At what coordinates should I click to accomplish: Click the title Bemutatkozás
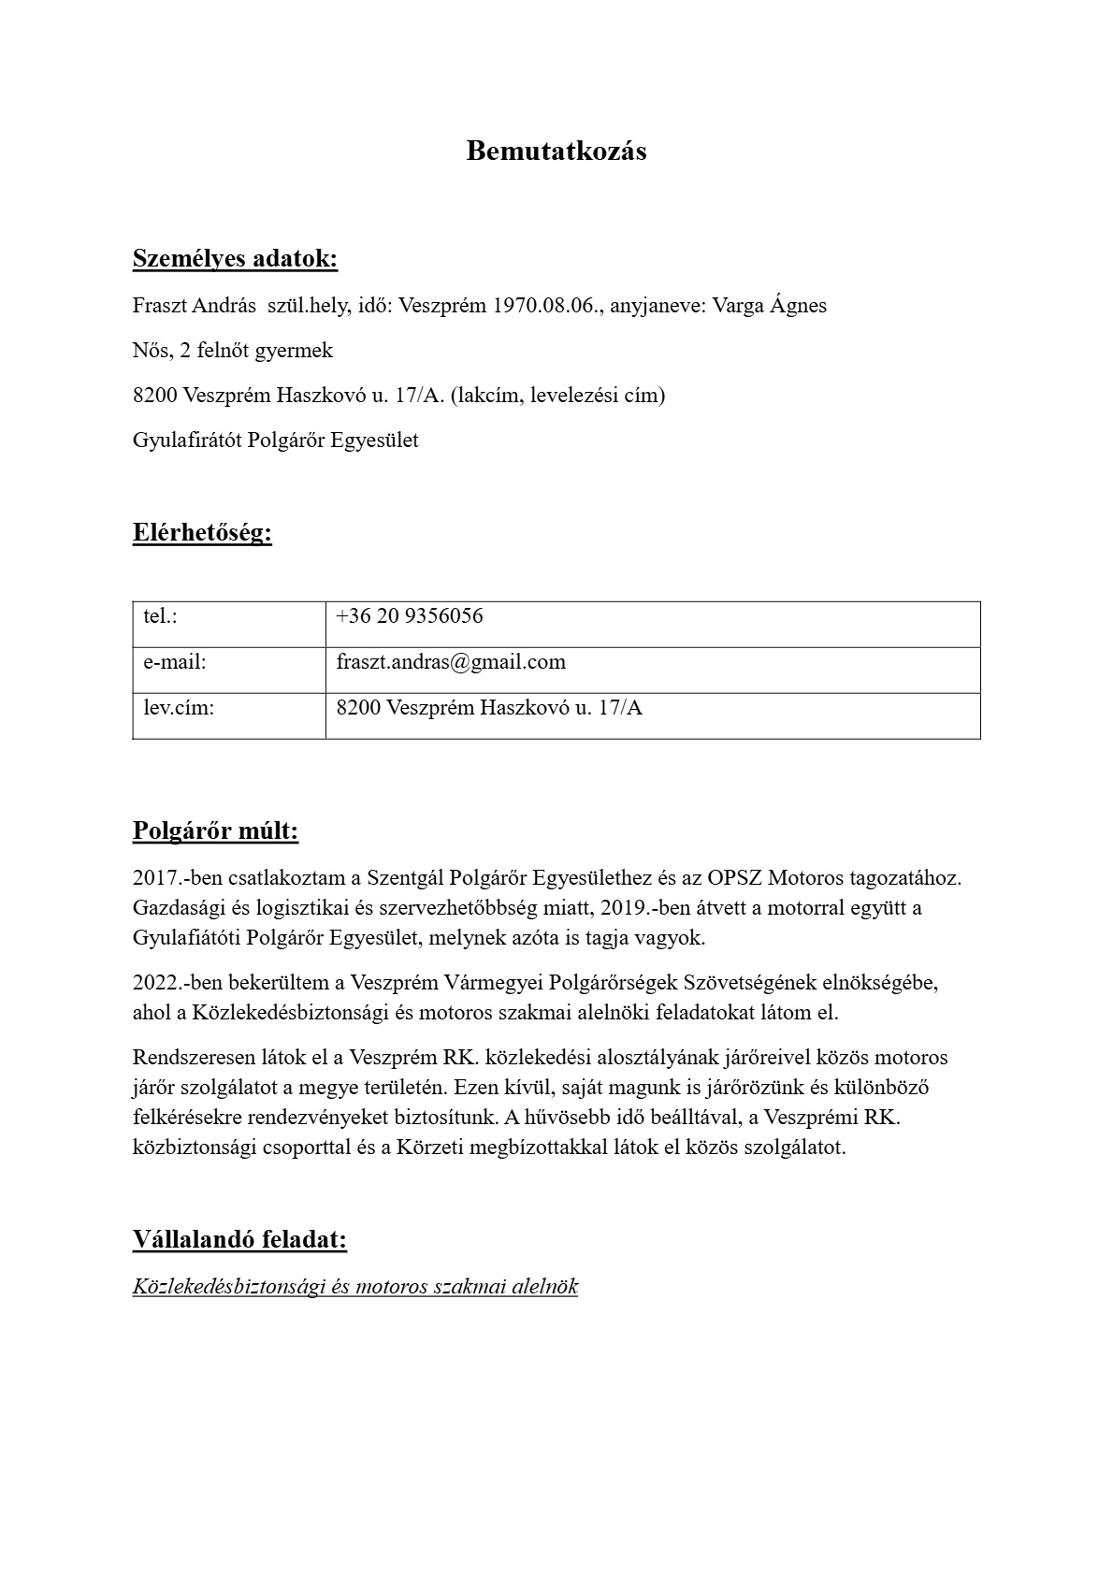(556, 151)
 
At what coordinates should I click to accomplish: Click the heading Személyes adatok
(235, 258)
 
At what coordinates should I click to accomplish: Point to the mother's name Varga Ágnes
(770, 306)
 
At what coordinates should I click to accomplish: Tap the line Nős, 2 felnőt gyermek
(233, 351)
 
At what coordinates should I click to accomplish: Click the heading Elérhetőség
(202, 533)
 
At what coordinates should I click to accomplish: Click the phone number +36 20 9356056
(410, 616)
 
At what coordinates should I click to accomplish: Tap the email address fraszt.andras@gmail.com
(451, 662)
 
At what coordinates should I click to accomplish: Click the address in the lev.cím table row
(489, 708)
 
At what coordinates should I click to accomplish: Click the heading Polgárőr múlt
(215, 830)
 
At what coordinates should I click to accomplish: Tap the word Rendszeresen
(191, 1058)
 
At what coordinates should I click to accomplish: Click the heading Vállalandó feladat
(239, 1240)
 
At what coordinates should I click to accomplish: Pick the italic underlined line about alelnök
(355, 1287)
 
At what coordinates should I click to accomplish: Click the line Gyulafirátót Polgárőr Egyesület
(276, 440)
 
